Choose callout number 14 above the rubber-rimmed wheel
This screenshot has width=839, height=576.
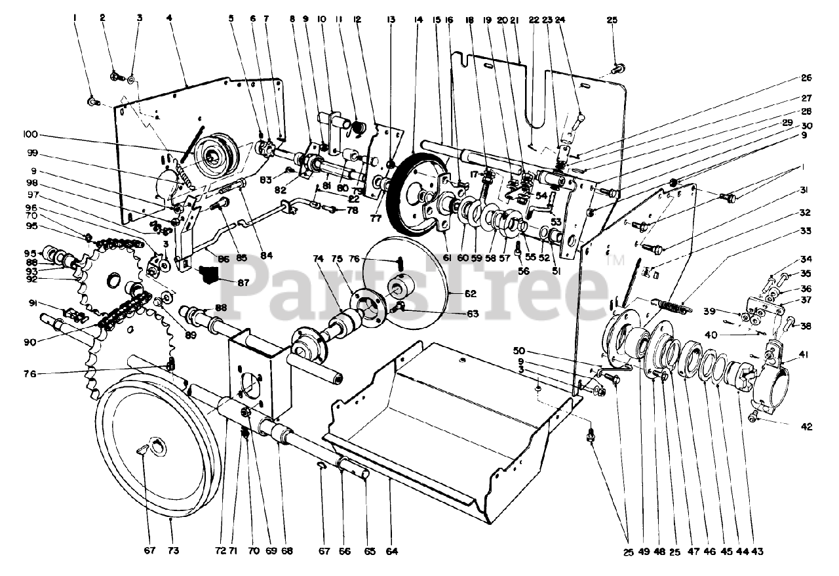[418, 20]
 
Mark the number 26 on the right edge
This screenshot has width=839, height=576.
[806, 77]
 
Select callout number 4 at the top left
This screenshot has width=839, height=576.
[169, 19]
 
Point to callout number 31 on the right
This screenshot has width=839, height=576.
[806, 191]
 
